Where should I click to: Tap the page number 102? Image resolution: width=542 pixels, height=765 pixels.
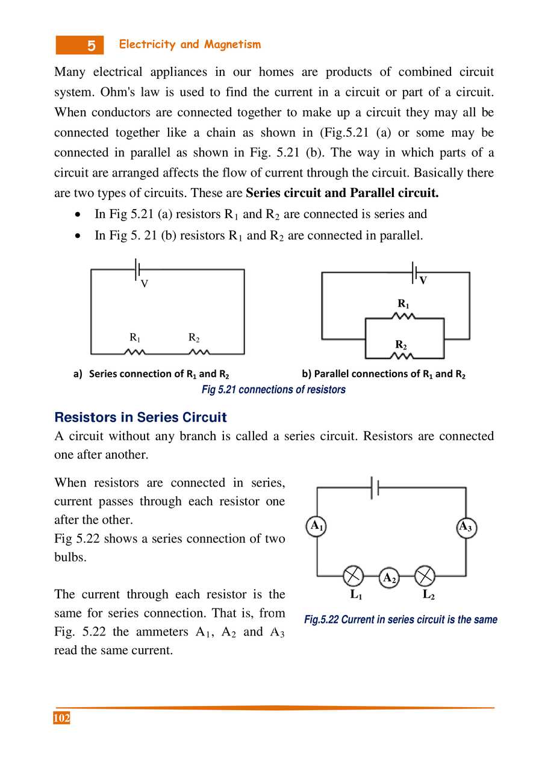(61, 718)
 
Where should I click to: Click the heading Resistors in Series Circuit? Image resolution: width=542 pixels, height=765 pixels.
(140, 417)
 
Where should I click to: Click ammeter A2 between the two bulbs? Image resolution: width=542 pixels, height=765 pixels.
(389, 578)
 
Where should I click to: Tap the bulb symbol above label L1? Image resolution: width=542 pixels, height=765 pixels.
(354, 576)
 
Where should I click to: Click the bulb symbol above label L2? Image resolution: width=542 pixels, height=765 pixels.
(425, 576)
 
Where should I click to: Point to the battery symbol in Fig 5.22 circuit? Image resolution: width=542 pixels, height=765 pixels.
(375, 488)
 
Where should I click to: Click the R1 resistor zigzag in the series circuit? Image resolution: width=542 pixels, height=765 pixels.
(135, 352)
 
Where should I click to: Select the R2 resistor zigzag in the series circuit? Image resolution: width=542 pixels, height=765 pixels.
(199, 352)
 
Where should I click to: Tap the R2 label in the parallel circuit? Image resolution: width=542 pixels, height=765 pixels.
(401, 345)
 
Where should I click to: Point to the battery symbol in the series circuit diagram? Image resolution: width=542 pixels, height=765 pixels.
(138, 269)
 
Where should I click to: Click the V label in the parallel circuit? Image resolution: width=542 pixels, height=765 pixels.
(423, 281)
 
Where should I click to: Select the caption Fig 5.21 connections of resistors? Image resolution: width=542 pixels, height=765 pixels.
(273, 390)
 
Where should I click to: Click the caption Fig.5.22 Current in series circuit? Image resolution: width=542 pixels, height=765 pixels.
(400, 619)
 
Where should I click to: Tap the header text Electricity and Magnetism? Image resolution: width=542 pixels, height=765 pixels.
(190, 45)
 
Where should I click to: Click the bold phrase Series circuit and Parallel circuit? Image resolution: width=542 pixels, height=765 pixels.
(343, 193)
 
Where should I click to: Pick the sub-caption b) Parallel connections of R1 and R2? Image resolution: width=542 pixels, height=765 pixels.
(384, 374)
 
